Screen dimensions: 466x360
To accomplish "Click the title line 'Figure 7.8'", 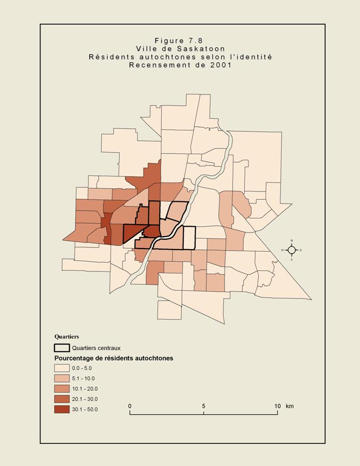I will point(180,40).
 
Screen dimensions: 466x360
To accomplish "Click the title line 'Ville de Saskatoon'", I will point(180,49).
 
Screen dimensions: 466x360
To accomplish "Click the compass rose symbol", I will point(292,250).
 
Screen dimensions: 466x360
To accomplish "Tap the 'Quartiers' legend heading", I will point(66,336).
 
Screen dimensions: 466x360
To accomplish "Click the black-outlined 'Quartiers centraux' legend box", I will point(62,348).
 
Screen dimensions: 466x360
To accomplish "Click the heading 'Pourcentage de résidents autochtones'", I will point(114,358).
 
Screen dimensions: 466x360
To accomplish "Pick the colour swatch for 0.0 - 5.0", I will point(62,368).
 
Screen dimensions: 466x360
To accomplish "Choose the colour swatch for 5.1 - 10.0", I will point(62,378).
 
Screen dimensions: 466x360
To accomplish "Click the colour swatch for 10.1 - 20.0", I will point(62,389).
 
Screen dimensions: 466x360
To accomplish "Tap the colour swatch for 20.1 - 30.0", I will point(62,399).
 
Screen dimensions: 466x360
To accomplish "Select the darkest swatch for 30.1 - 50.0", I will point(62,409).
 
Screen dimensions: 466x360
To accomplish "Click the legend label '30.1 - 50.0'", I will point(85,409).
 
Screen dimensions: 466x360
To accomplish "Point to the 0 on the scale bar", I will point(130,406).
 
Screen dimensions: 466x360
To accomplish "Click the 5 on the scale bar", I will point(203,406).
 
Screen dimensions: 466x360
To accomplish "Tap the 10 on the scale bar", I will point(277,406).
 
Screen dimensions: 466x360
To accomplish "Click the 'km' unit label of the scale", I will point(289,406).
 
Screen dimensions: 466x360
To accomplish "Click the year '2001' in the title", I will point(220,65).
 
